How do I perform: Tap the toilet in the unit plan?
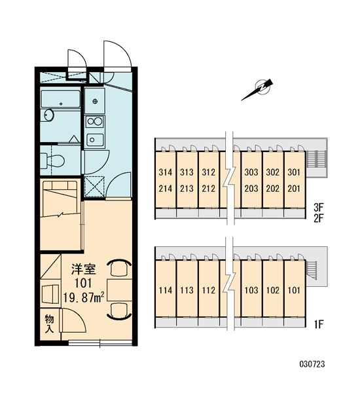tap(53, 160)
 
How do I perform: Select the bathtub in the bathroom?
tap(61, 99)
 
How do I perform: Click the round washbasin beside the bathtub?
tap(48, 115)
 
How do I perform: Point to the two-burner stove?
tap(94, 122)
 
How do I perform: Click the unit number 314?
tap(166, 172)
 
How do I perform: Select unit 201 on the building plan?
tap(294, 188)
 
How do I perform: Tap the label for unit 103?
tap(251, 290)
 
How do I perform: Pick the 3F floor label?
tap(319, 207)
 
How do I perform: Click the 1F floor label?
tap(319, 325)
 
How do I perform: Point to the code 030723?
tap(312, 364)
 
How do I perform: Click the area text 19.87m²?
tap(84, 297)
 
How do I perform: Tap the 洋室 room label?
tap(83, 269)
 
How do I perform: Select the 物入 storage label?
tap(49, 324)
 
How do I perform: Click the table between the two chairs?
tap(120, 290)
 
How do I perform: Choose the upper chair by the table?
tap(119, 267)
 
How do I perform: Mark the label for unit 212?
tap(208, 188)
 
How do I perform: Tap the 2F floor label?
tap(319, 219)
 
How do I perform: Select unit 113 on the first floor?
tap(187, 290)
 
